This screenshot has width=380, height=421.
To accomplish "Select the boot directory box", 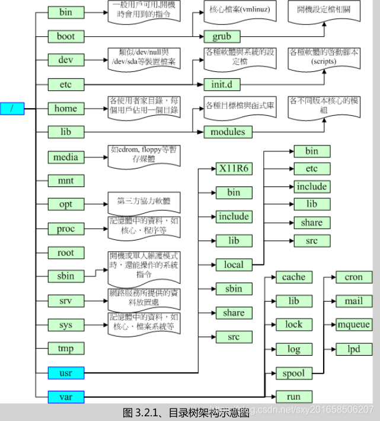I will pyautogui.click(x=66, y=36).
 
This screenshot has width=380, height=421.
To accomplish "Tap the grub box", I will pyautogui.click(x=222, y=36).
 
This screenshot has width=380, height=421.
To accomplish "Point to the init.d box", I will pyautogui.click(x=222, y=84).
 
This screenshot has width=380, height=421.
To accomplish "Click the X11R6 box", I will pyautogui.click(x=233, y=169).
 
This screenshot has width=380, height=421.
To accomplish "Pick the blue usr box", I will pyautogui.click(x=66, y=373).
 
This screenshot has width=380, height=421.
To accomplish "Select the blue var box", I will pyautogui.click(x=66, y=396).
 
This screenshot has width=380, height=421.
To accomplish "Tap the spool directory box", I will pyautogui.click(x=293, y=373).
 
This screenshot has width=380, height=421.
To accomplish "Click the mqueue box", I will pyautogui.click(x=353, y=325).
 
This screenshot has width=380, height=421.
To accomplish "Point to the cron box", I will pyautogui.click(x=353, y=277).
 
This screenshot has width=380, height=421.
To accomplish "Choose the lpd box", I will pyautogui.click(x=353, y=349).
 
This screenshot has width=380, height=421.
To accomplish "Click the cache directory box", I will pyautogui.click(x=293, y=277).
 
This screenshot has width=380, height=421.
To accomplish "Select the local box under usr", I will pyautogui.click(x=233, y=264).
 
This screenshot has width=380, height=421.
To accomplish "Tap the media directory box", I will pyautogui.click(x=66, y=157).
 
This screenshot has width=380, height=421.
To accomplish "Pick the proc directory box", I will pyautogui.click(x=66, y=229).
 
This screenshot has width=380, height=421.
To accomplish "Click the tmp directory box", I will pyautogui.click(x=66, y=349).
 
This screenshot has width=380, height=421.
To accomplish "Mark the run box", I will pyautogui.click(x=293, y=397).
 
